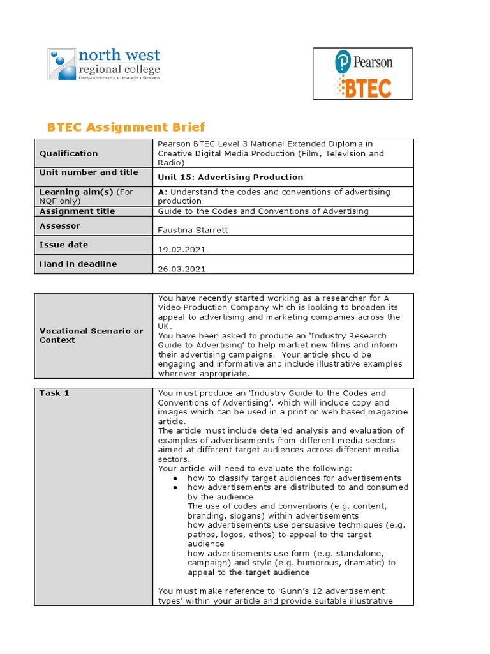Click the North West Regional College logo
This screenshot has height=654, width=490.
(104, 65)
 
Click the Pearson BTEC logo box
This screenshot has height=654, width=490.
(362, 73)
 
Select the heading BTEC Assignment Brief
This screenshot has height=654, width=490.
(126, 126)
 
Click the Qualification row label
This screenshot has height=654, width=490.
(69, 153)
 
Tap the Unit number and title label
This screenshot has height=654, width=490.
(89, 172)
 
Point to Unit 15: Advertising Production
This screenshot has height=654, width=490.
(230, 177)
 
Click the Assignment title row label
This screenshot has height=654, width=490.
(77, 211)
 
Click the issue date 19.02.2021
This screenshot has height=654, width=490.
(181, 250)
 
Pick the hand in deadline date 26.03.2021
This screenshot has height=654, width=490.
(181, 269)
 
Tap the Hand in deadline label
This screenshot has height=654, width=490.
(78, 264)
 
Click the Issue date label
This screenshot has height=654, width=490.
(64, 245)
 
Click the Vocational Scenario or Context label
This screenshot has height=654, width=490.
(91, 335)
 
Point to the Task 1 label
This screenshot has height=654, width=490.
(54, 393)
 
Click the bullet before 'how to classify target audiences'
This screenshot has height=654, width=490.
(175, 478)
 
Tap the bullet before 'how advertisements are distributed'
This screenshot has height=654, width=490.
(175, 487)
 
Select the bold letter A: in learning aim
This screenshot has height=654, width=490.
(162, 192)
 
